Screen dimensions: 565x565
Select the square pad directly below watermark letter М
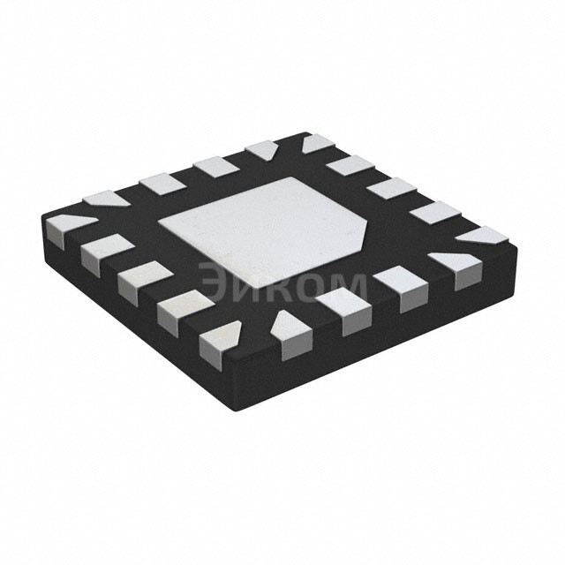tap(344, 310)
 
